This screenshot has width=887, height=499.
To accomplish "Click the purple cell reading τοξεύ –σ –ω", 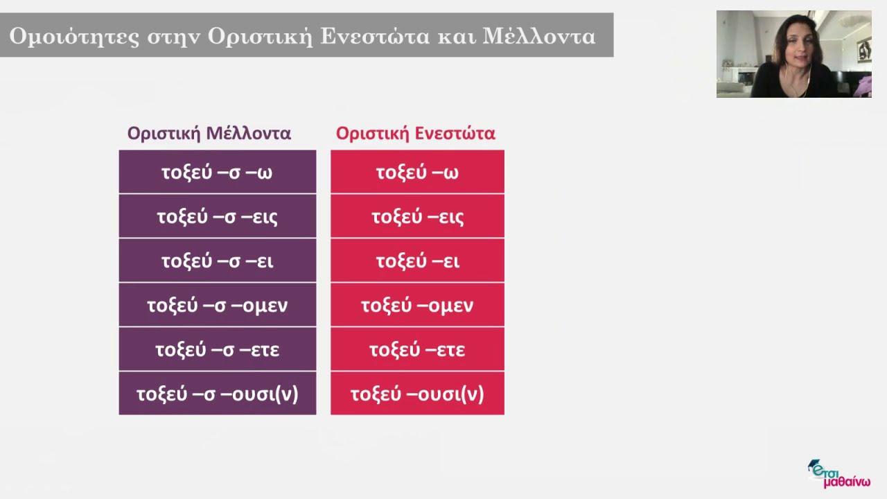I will click(x=217, y=172).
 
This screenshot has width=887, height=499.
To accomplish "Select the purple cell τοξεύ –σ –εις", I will click(x=217, y=216).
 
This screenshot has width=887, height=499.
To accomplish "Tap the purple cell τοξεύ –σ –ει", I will click(x=217, y=261).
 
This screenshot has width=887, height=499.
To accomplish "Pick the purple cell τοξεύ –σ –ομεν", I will click(x=217, y=305).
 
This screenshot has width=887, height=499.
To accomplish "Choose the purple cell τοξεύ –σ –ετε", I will click(x=217, y=349).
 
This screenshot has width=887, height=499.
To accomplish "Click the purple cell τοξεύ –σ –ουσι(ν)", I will click(x=217, y=394).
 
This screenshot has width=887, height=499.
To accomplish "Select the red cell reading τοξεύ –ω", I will click(x=417, y=172).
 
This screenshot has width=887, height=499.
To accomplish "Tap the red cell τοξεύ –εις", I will click(x=417, y=216).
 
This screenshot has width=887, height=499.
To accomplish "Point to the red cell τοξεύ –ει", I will click(x=417, y=261).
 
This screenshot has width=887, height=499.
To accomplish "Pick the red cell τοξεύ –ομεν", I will click(x=417, y=305).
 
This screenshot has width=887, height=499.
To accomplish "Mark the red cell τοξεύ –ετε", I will click(x=417, y=349).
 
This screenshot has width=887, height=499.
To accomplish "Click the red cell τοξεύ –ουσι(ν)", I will click(x=417, y=394).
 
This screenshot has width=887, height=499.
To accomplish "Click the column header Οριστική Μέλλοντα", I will click(x=209, y=133).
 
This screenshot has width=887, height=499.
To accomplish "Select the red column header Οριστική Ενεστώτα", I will click(x=416, y=133).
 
